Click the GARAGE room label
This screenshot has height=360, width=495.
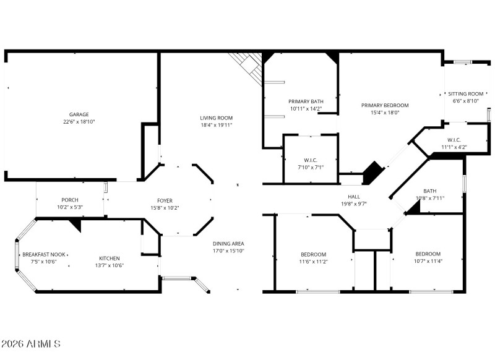point(79,114)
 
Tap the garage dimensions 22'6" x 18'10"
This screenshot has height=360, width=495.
point(79,122)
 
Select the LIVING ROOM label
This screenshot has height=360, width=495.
point(216,118)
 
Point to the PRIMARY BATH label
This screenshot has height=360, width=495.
point(306,101)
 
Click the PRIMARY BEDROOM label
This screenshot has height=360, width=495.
point(385,105)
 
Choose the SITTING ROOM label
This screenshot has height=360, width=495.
point(466,94)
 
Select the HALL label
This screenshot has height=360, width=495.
point(353,196)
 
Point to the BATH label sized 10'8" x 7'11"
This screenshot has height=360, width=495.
point(429,191)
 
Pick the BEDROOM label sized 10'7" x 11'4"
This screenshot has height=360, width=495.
point(428,254)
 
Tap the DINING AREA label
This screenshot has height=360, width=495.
point(228,244)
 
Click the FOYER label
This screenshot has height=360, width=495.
point(165,200)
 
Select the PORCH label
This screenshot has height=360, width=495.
point(69,200)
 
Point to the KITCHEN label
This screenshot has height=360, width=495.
point(110,259)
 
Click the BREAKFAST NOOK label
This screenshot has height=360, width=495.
point(45,255)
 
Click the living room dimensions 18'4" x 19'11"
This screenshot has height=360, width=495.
point(216,126)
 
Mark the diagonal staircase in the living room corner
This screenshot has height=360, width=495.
point(247,65)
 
